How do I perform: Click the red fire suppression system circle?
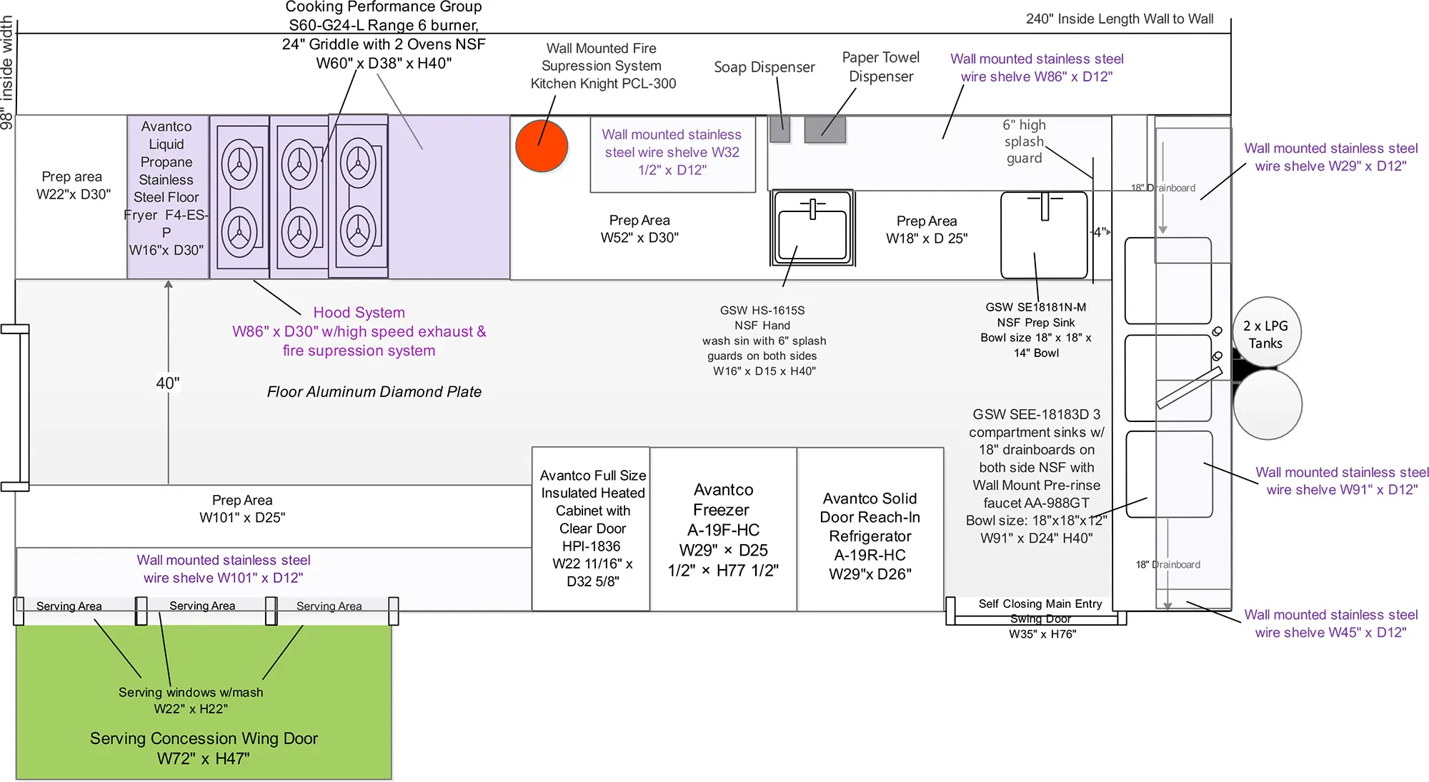pos(542,146)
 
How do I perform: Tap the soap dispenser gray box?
pos(780,129)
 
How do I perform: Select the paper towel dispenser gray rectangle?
pos(825,129)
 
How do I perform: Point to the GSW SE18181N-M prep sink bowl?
pos(1044,235)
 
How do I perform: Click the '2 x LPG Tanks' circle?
pos(1266,334)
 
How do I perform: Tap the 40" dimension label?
pos(168,384)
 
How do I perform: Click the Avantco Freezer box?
pos(723,529)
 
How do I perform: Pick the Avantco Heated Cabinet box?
pos(592,528)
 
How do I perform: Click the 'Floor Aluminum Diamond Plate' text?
pos(374,392)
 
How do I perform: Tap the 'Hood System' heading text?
pos(359,313)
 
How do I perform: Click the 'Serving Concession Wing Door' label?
pos(204,738)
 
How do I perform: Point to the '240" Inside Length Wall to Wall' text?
pos(1119,19)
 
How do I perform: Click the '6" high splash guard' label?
pos(1024,141)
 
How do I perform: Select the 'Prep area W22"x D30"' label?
pos(73,185)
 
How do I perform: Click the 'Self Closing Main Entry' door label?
pos(1040,604)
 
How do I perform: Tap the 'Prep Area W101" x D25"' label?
pos(242,508)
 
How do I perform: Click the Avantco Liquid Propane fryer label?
pos(166,188)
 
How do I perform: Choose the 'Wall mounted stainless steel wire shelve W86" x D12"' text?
pos(1036,68)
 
